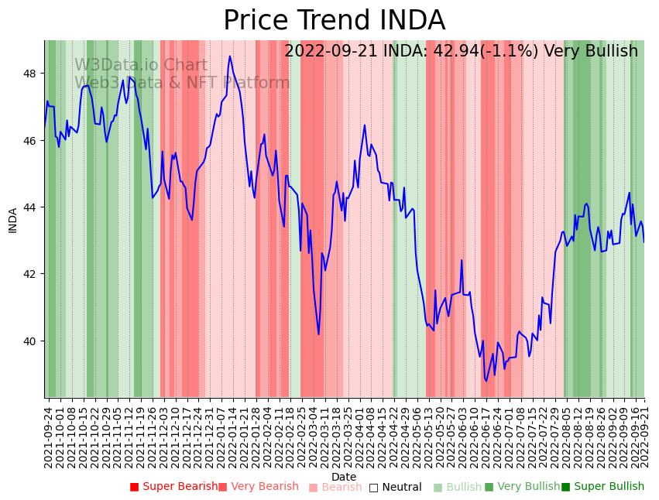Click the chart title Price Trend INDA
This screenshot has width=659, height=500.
pyautogui.click(x=334, y=20)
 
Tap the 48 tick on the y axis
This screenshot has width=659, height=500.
pyautogui.click(x=34, y=74)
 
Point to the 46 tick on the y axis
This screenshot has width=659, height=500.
pyautogui.click(x=34, y=141)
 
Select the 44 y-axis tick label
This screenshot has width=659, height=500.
pyautogui.click(x=34, y=207)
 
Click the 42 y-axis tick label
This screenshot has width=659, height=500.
pyautogui.click(x=34, y=274)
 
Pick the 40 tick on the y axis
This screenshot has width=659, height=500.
pyautogui.click(x=34, y=341)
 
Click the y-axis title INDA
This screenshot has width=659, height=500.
pyautogui.click(x=12, y=220)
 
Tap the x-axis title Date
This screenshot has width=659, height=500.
pyautogui.click(x=344, y=477)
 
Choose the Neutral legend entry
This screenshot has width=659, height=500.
pyautogui.click(x=395, y=487)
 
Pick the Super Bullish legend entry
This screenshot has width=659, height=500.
pyautogui.click(x=602, y=487)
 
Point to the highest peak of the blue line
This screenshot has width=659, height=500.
pyautogui.click(x=230, y=56)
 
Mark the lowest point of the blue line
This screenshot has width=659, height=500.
pyautogui.click(x=486, y=381)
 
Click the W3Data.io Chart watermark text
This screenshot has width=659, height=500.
pyautogui.click(x=141, y=66)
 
